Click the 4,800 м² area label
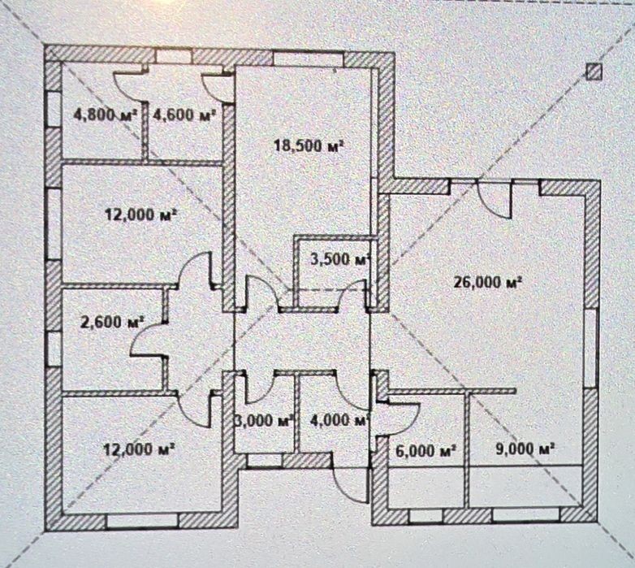pyautogui.click(x=105, y=115)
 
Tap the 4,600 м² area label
pyautogui.click(x=184, y=115)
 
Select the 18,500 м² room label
pyautogui.click(x=309, y=145)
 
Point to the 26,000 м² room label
pyautogui.click(x=487, y=282)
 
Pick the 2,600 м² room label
pyautogui.click(x=113, y=322)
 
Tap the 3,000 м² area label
pyautogui.click(x=264, y=420)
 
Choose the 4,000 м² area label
pyautogui.click(x=339, y=420)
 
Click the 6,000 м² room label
pyautogui.click(x=425, y=450)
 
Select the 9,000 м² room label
pyautogui.click(x=525, y=449)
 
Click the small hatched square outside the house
pyautogui.click(x=594, y=72)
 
